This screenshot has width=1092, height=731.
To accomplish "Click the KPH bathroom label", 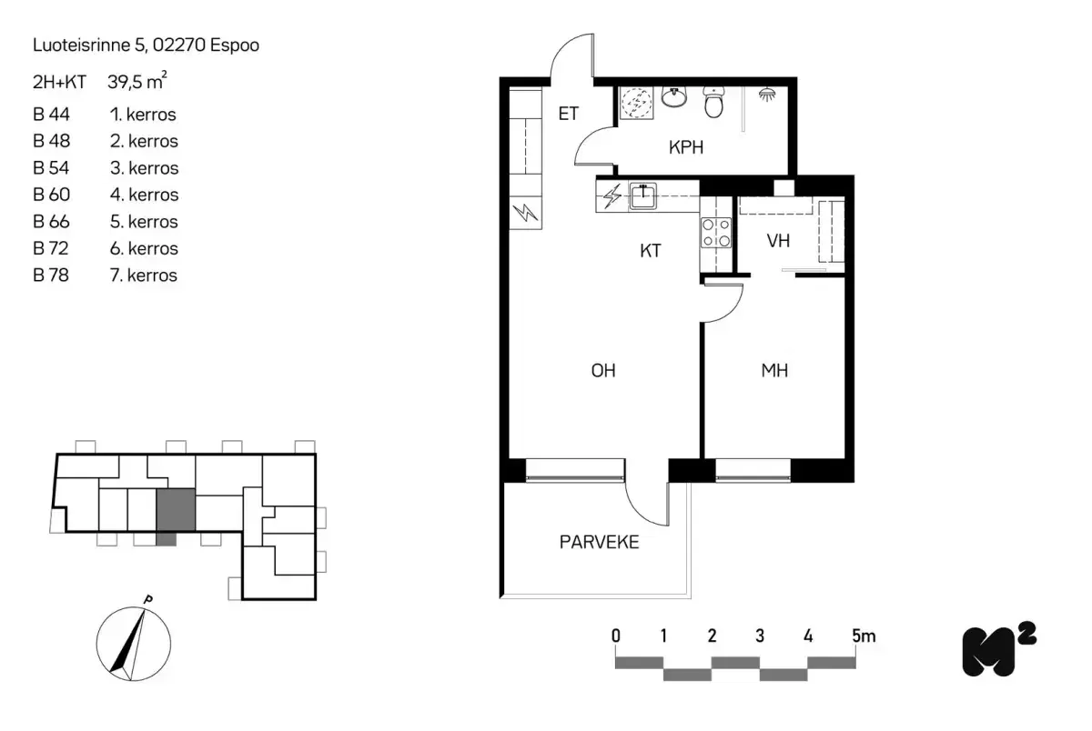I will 686,148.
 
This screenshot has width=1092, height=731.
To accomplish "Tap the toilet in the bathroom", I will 713,104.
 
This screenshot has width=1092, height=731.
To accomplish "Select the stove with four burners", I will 715,234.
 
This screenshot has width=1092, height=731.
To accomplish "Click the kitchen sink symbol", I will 644,195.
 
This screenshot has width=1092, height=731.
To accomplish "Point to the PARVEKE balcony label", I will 599,543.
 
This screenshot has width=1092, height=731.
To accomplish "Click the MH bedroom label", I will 774,371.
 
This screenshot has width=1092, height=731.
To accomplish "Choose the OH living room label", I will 603,371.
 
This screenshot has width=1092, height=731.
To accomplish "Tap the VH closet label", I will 777,242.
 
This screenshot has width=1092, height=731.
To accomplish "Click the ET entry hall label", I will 569,115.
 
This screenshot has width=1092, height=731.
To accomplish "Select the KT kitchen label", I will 650,251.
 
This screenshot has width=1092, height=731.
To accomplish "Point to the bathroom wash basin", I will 674,96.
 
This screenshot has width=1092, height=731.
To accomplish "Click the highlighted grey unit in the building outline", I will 176,510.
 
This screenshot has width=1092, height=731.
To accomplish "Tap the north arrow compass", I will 132,642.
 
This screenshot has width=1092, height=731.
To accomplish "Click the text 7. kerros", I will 143,275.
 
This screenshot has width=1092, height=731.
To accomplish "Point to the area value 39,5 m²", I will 136,82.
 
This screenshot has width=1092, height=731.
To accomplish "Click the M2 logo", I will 998,649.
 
